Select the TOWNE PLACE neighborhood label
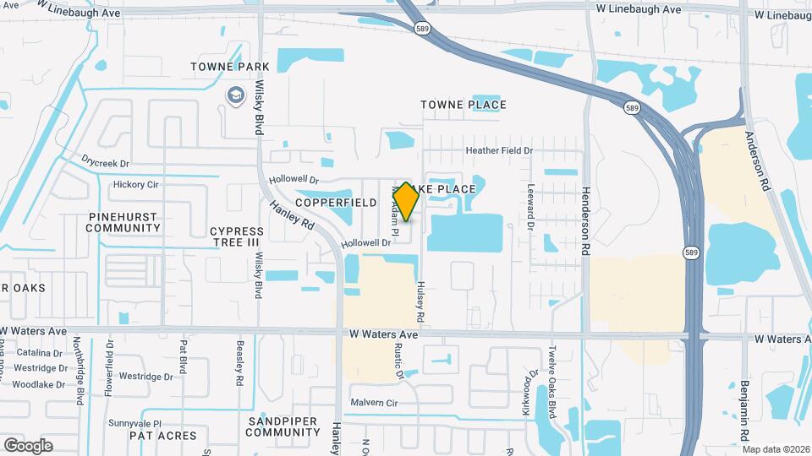[464, 105]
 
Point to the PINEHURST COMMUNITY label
[123, 222]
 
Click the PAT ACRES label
[162, 436]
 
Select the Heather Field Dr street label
[500, 150]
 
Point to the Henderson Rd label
[584, 222]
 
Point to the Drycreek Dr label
[107, 162]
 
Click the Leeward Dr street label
[531, 208]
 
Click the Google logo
[28, 445]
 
